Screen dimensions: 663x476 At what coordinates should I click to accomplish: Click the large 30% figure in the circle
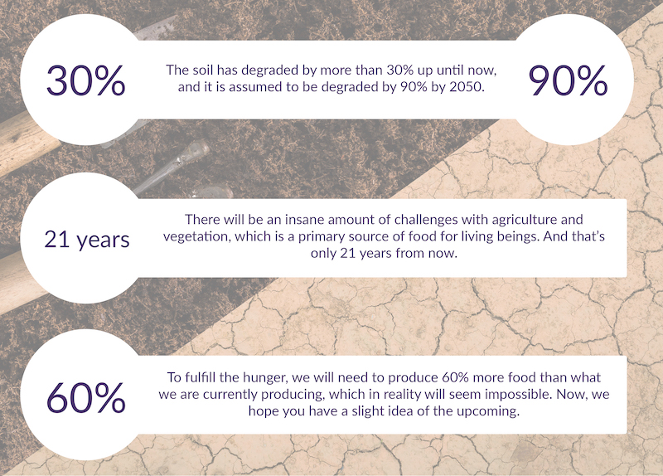coord(86,80)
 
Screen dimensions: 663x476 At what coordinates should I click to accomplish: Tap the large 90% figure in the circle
coord(568,80)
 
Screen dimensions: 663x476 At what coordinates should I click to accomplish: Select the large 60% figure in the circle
coord(86,397)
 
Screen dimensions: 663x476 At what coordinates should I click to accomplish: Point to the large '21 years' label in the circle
coord(87,240)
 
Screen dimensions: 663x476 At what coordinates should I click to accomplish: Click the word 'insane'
coord(304,220)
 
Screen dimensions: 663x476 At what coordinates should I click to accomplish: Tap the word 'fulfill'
coord(202,377)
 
